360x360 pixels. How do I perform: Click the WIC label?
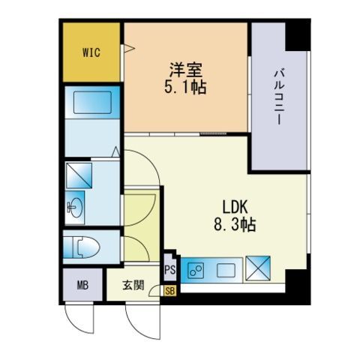coord(91,52)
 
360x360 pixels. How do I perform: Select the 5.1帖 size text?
coord(186,87)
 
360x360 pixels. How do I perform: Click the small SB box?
coord(169,289)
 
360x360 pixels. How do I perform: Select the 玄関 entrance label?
coord(136,286)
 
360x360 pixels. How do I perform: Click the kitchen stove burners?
coord(196,269)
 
